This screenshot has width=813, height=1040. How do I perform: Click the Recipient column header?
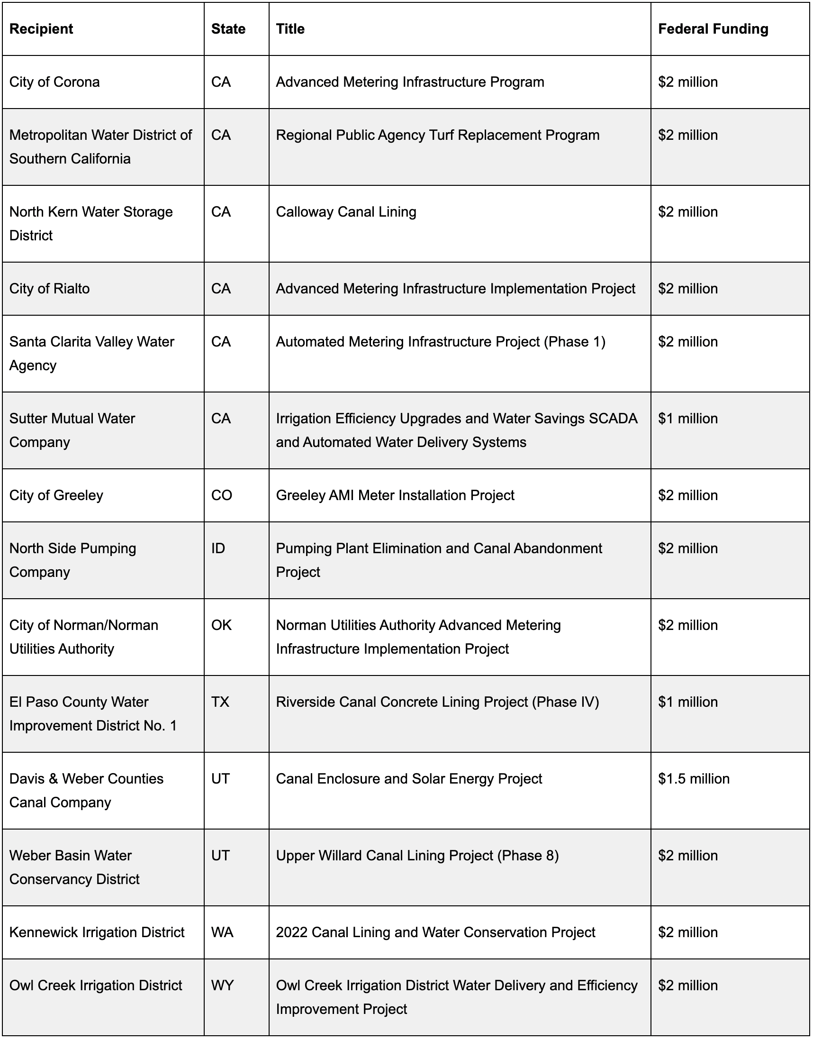coord(41,29)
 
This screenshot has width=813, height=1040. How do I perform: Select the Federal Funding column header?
coord(713,29)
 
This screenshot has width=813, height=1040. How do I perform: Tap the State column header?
coord(228,29)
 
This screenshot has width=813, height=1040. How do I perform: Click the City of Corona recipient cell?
coord(55,82)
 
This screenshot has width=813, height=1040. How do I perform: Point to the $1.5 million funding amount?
coord(694,778)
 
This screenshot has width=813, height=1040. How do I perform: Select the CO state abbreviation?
coord(222,495)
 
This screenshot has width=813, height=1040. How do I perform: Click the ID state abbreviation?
coord(218,548)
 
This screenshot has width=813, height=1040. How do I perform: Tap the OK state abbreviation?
coord(221,625)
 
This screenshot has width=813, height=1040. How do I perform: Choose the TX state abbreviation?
coord(220,702)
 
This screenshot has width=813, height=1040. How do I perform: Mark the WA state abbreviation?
coord(222,932)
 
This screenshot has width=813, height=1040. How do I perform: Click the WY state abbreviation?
coord(222,985)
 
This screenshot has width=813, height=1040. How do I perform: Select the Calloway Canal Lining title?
coord(346,212)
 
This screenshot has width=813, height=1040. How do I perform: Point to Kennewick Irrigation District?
coord(97,932)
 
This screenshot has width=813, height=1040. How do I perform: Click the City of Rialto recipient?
coord(49,289)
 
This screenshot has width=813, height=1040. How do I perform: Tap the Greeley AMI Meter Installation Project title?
coord(395,495)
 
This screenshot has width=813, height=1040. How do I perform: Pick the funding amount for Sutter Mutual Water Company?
coord(688,419)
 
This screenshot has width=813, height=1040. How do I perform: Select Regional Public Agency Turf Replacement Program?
coord(437,135)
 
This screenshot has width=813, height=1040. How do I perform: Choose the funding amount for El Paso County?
coord(688,702)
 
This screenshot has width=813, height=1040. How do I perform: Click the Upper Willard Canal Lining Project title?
coord(417,855)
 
